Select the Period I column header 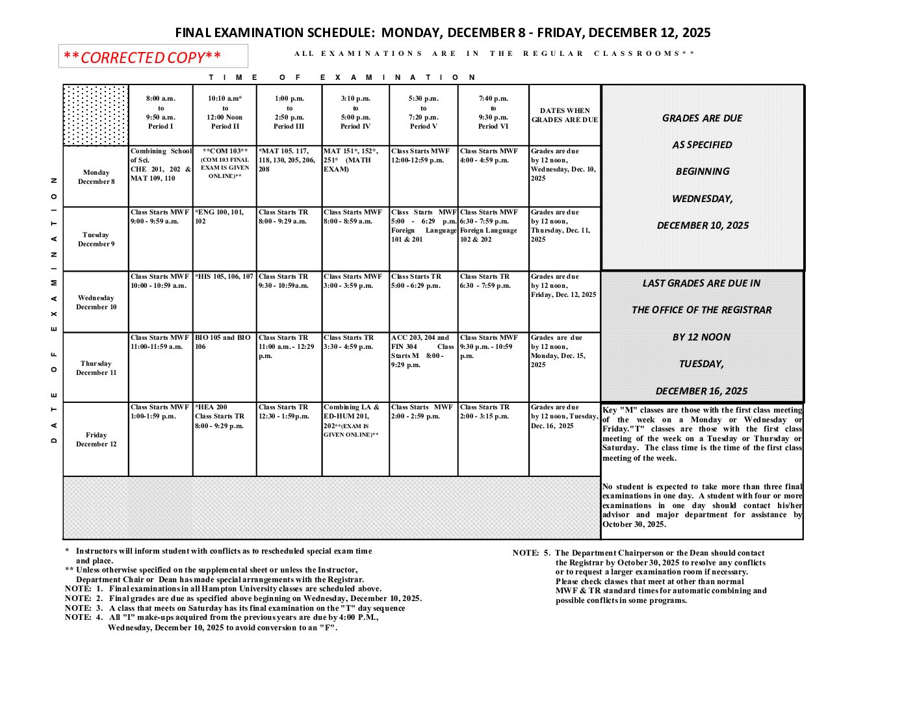pyautogui.click(x=161, y=112)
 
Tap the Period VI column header pyautogui.click(x=493, y=112)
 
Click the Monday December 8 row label pyautogui.click(x=96, y=177)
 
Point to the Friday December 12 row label pyautogui.click(x=96, y=439)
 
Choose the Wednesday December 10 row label pyautogui.click(x=96, y=302)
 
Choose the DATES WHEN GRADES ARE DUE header pyautogui.click(x=565, y=115)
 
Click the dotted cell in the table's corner pyautogui.click(x=96, y=115)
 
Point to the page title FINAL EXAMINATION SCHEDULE pyautogui.click(x=443, y=32)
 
